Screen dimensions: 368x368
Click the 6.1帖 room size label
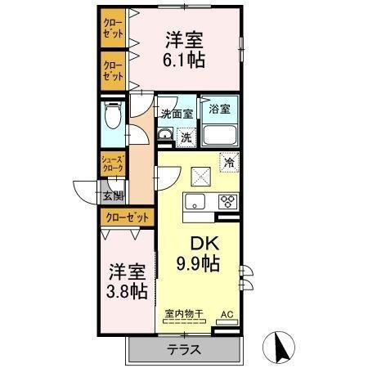(x=186, y=60)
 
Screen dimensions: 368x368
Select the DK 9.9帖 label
(x=196, y=263)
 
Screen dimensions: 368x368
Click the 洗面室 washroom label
(x=176, y=114)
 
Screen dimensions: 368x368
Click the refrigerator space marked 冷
(x=230, y=162)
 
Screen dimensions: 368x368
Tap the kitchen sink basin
(x=195, y=203)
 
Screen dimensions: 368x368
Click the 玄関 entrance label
(x=113, y=195)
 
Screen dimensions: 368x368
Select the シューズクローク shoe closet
(x=113, y=163)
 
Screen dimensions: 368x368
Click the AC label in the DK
(x=227, y=313)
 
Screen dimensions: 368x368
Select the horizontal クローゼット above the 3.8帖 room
(x=128, y=218)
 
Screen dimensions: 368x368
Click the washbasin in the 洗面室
(x=164, y=135)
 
